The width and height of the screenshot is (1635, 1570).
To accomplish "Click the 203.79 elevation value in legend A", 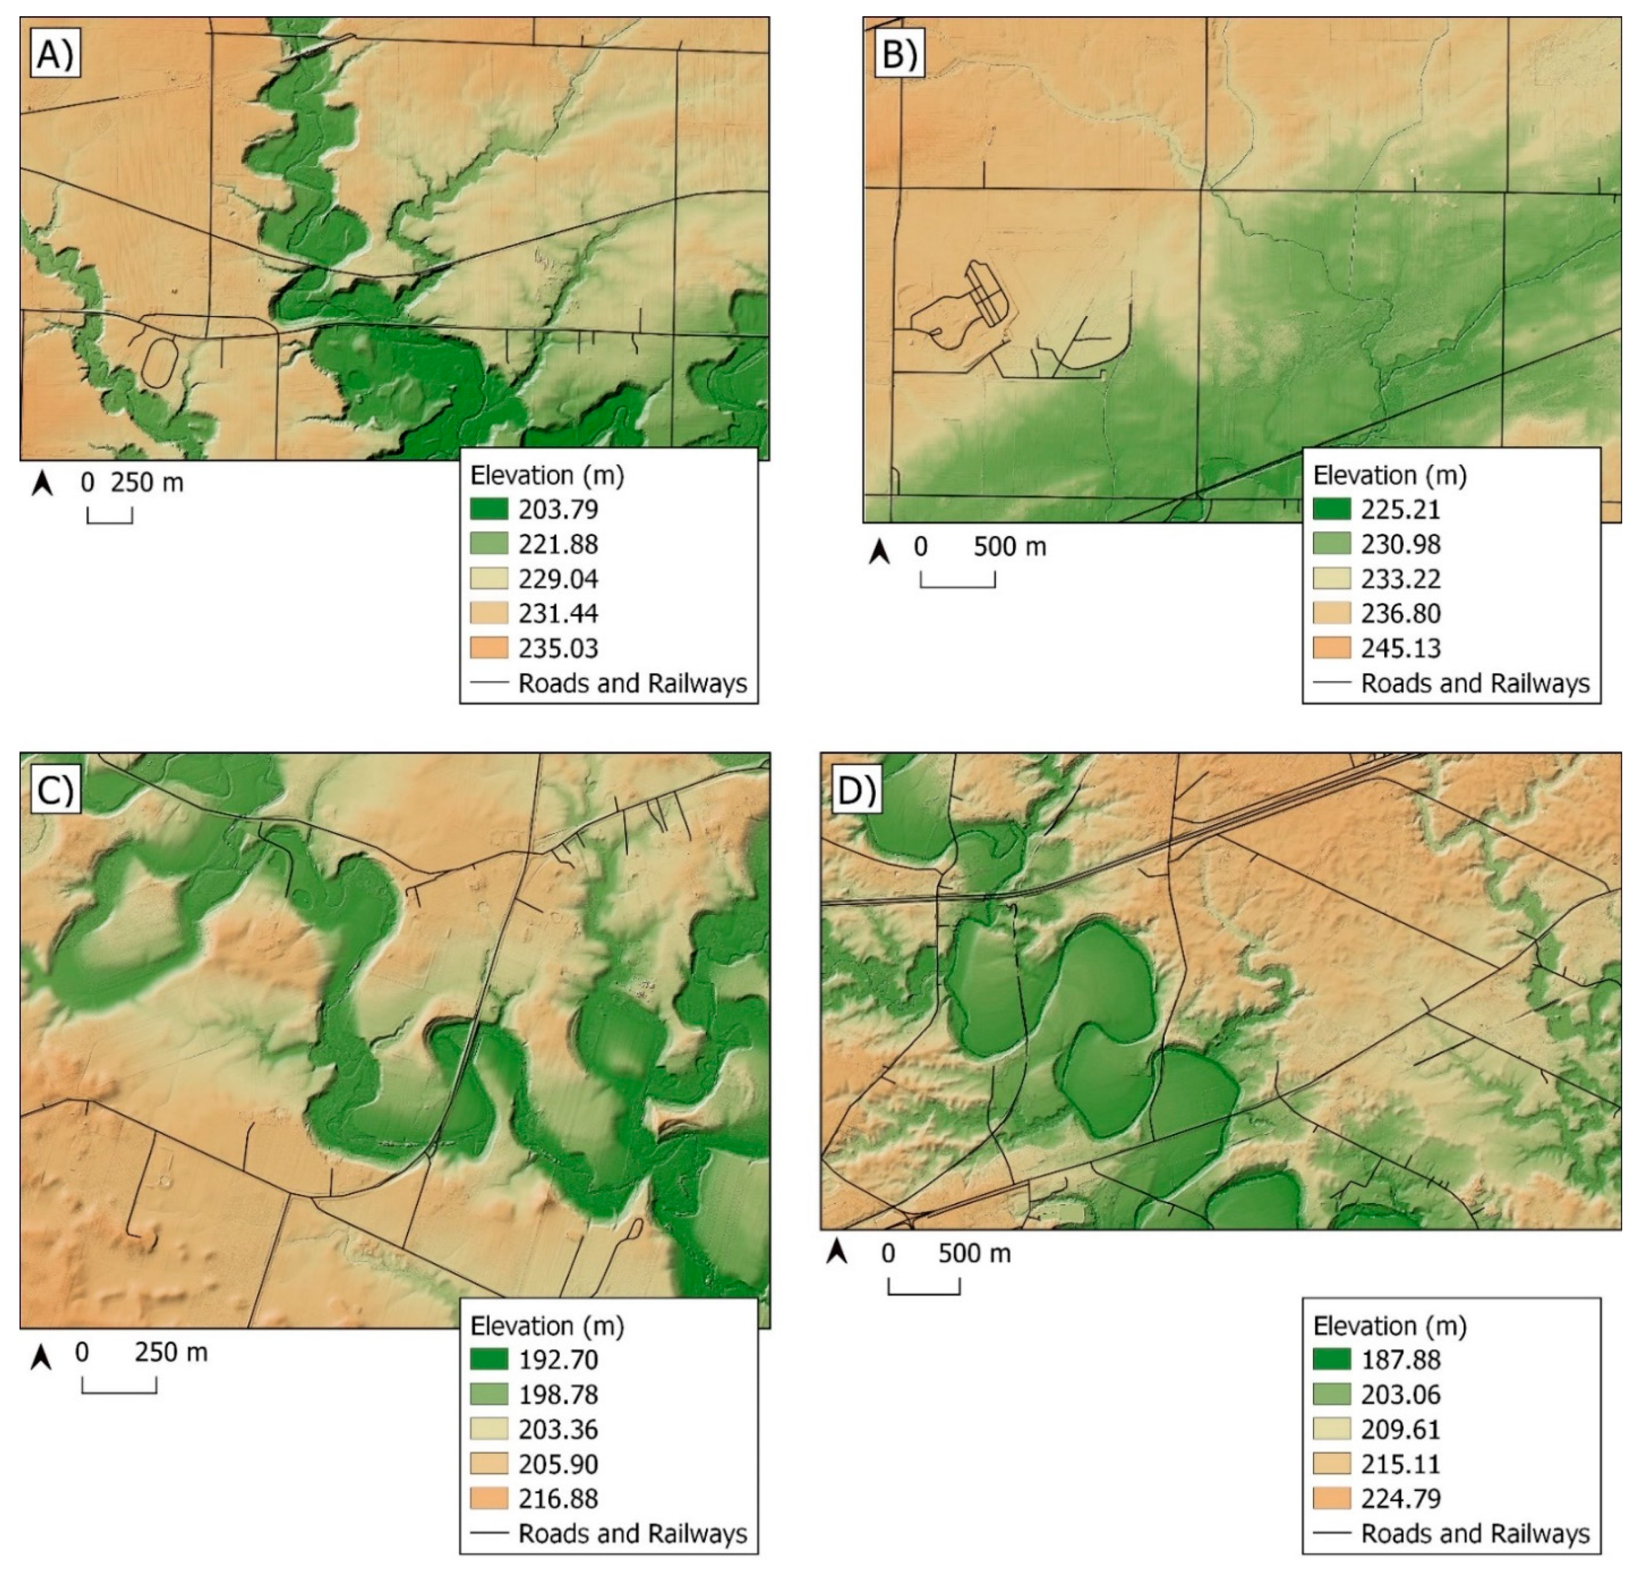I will click(x=558, y=509).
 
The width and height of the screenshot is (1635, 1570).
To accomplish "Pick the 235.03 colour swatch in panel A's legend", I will click(x=489, y=648).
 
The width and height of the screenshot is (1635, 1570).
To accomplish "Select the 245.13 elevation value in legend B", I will click(x=1400, y=648).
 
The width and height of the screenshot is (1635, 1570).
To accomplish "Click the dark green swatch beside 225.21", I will click(x=1331, y=509).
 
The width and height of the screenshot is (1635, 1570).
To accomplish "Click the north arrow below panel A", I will click(x=42, y=483).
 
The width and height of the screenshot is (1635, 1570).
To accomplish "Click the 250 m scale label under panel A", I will click(x=147, y=482).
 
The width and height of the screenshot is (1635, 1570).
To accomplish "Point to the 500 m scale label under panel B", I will click(x=1009, y=547).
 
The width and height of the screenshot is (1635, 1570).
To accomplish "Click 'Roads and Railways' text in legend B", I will click(x=1475, y=683).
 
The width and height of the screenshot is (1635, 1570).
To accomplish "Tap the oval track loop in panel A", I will click(x=158, y=361).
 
